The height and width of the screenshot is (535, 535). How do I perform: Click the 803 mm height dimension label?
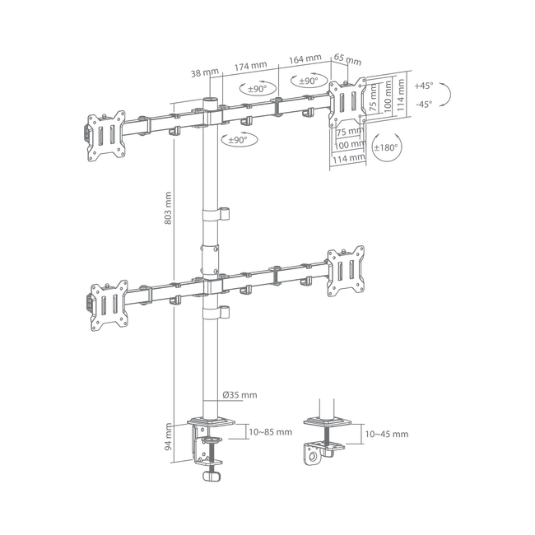(x=168, y=208)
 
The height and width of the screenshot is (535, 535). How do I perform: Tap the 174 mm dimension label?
(x=250, y=66)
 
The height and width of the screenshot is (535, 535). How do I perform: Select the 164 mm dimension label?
(x=305, y=58)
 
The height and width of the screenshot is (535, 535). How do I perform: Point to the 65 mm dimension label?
(x=347, y=59)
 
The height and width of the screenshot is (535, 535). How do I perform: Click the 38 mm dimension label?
(x=205, y=72)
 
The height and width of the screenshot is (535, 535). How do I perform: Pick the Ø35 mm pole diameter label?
(x=240, y=395)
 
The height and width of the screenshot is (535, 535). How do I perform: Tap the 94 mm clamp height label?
(x=168, y=437)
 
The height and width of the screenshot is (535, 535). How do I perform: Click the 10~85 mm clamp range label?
(x=270, y=432)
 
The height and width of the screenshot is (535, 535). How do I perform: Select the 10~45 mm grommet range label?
(x=387, y=434)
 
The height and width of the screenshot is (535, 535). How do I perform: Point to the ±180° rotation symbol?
(x=386, y=147)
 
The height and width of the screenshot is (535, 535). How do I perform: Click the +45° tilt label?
(x=423, y=86)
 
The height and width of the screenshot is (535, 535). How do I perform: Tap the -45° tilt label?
(x=424, y=104)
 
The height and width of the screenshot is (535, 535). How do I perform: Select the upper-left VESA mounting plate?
(x=106, y=136)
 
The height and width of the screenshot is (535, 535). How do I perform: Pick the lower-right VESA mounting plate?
(x=346, y=271)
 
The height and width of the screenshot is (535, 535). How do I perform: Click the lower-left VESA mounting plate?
(x=109, y=305)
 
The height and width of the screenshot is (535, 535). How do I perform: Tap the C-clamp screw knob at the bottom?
(x=212, y=476)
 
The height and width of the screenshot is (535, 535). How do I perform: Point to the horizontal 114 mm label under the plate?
(x=349, y=159)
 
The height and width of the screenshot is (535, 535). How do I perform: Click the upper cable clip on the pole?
(x=216, y=214)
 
